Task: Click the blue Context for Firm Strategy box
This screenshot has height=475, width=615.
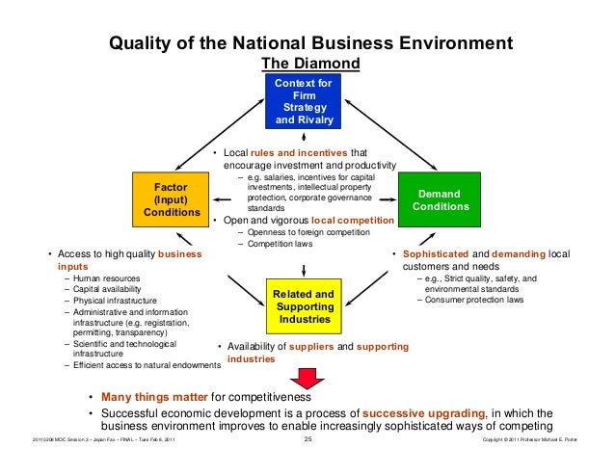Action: tap(304, 103)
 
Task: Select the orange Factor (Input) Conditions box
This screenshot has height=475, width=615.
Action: tap(172, 198)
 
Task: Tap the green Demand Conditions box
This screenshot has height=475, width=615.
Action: tap(440, 200)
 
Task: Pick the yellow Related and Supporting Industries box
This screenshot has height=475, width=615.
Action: tap(305, 305)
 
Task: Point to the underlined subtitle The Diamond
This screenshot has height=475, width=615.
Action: tap(311, 64)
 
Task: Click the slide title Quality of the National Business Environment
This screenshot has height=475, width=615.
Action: tap(309, 43)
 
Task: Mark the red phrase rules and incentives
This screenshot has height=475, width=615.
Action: tap(299, 152)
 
